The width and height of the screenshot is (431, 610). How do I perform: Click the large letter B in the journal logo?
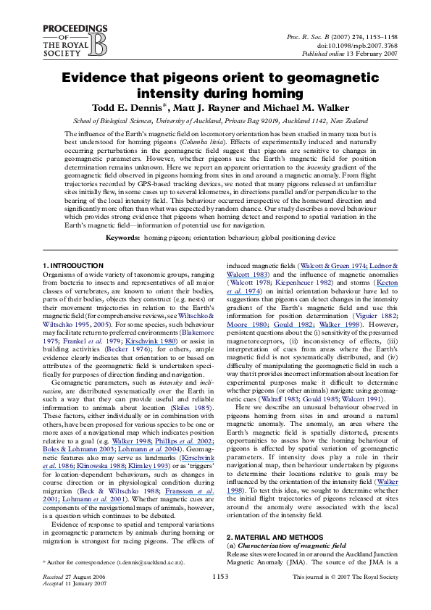click(x=98, y=45)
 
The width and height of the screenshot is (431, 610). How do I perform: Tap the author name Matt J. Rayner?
click(x=206, y=108)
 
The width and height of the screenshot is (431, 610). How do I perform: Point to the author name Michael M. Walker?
click(x=306, y=108)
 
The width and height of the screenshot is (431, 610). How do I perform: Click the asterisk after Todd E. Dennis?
click(x=165, y=106)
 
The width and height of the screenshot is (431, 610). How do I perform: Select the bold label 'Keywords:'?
click(x=122, y=238)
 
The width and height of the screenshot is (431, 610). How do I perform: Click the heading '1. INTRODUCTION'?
click(x=73, y=266)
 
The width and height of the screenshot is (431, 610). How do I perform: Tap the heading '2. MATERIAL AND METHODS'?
click(x=275, y=538)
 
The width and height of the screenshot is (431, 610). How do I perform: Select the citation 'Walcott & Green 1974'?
click(x=333, y=266)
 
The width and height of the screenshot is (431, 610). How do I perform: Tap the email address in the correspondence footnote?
click(x=150, y=562)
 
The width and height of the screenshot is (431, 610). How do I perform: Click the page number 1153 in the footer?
click(x=220, y=577)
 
